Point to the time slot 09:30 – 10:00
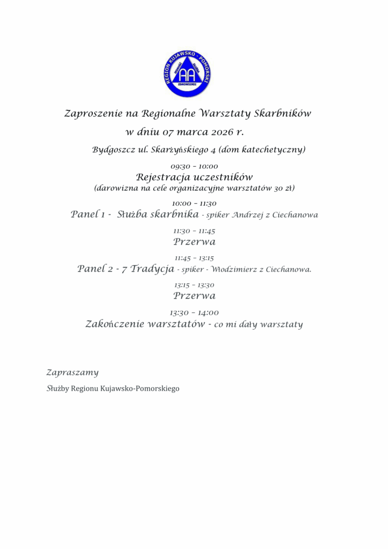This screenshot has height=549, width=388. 194,167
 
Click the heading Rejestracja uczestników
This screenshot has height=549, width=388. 194,176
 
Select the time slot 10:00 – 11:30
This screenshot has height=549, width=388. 194,204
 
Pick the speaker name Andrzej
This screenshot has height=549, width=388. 247,216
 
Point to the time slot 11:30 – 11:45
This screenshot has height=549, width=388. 194,231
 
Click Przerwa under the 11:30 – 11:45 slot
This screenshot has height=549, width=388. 194,242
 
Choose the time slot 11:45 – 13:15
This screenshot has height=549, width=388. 194,258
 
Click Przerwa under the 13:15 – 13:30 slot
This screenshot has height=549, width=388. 194,295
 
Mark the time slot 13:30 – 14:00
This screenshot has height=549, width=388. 194,313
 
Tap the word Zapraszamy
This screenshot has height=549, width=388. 72,372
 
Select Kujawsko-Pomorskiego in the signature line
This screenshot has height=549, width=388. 140,388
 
